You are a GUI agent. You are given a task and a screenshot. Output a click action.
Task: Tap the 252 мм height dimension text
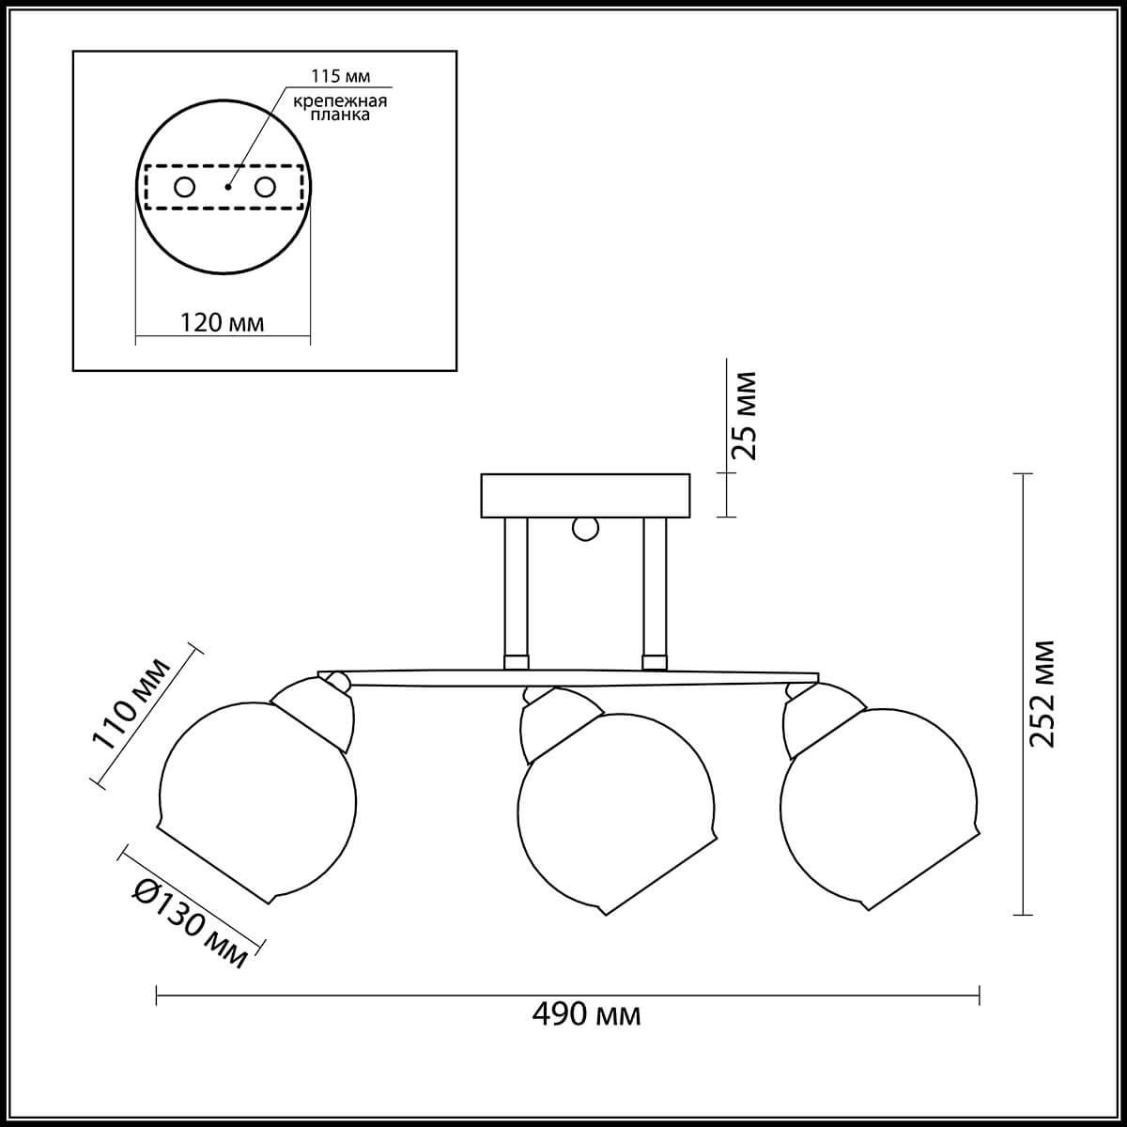click(x=1042, y=694)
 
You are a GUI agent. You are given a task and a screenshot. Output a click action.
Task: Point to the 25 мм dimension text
click(x=744, y=416)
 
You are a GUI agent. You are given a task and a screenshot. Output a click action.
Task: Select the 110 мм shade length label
click(x=131, y=704)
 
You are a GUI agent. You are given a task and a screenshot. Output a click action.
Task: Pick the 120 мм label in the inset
click(x=221, y=322)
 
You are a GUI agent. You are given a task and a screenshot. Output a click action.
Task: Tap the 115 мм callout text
click(x=340, y=76)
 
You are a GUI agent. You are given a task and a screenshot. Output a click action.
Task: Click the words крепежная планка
click(x=340, y=108)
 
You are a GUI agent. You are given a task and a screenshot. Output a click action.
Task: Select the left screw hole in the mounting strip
click(x=185, y=187)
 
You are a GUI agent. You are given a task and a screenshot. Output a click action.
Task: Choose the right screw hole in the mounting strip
click(x=265, y=187)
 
